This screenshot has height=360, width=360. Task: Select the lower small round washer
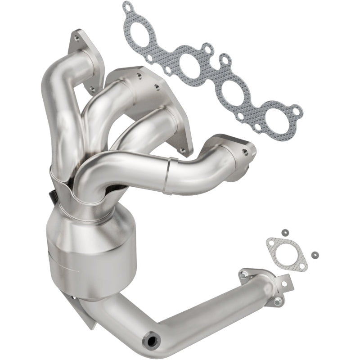313,253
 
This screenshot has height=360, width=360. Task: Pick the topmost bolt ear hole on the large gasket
129,7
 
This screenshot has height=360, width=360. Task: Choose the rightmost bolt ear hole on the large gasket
295,109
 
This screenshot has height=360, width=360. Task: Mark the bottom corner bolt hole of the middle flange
182,149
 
